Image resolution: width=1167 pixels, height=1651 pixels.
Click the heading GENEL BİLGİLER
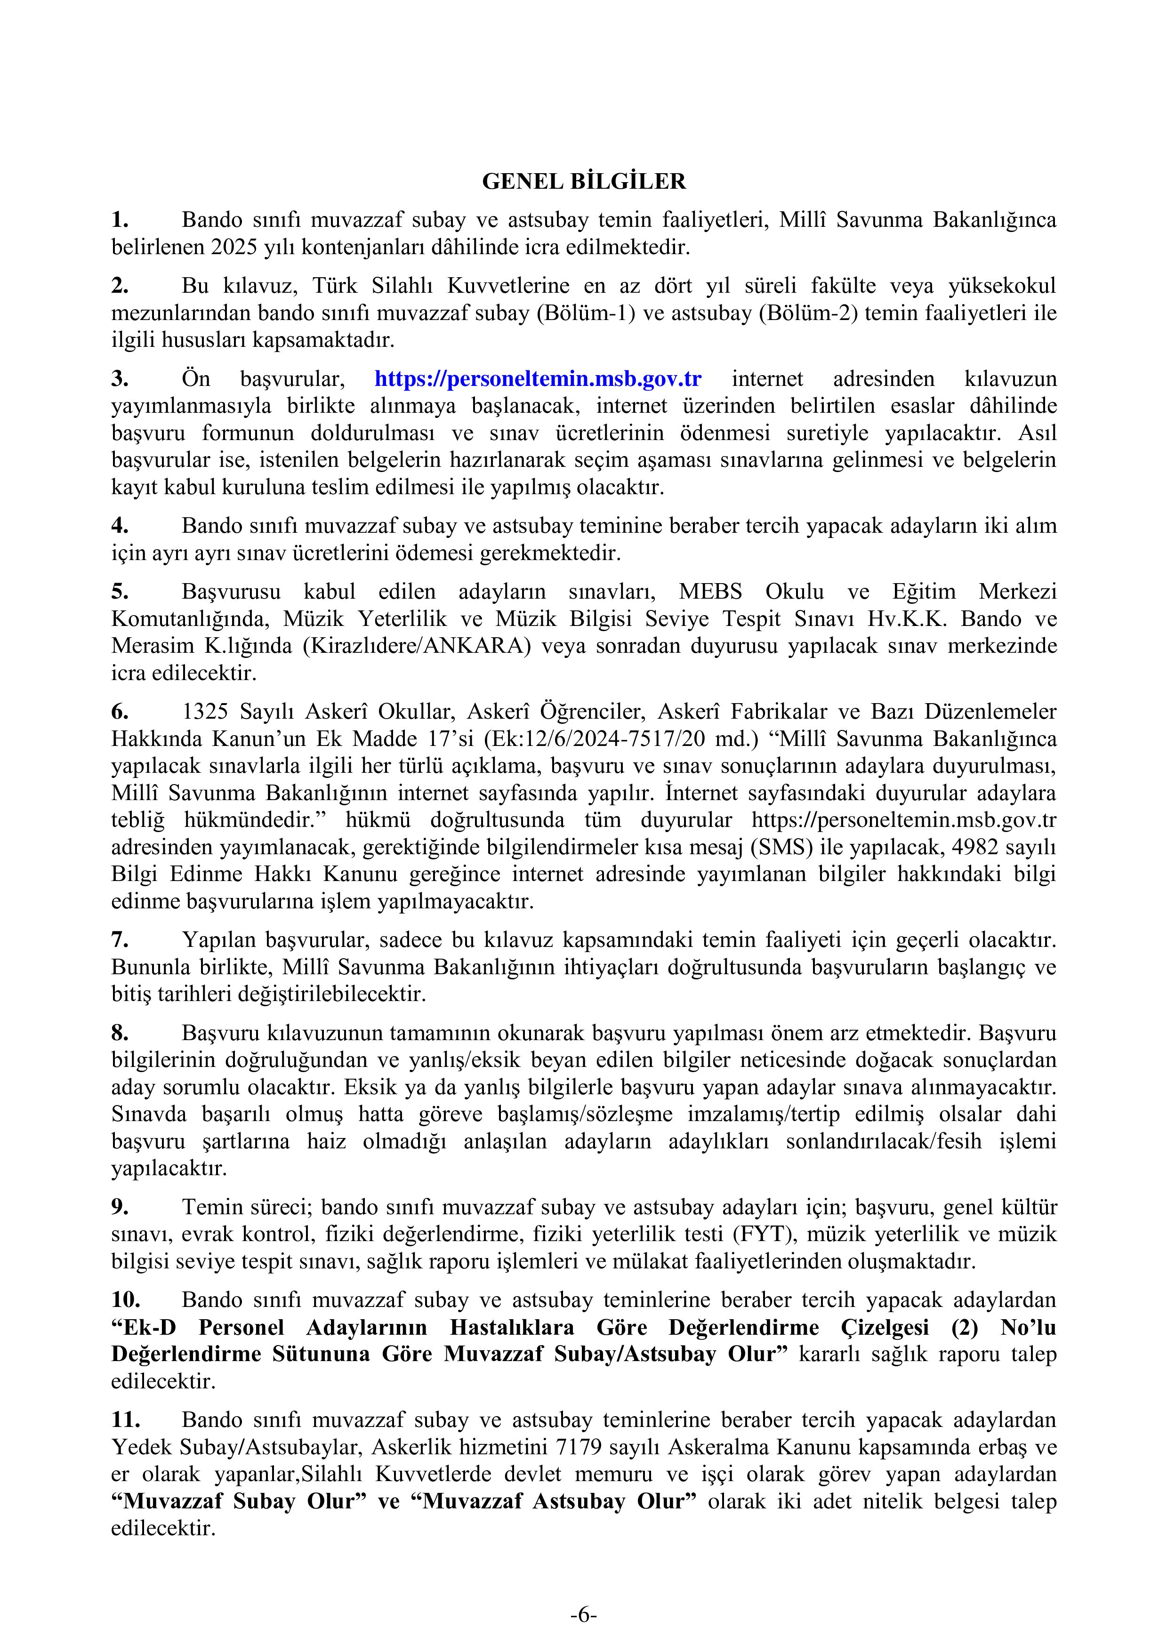[x=583, y=181]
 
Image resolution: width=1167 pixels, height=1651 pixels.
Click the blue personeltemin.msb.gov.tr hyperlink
[x=538, y=378]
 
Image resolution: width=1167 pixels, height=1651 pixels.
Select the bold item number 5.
[x=120, y=592]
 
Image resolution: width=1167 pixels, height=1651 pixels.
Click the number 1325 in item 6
[x=205, y=712]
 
